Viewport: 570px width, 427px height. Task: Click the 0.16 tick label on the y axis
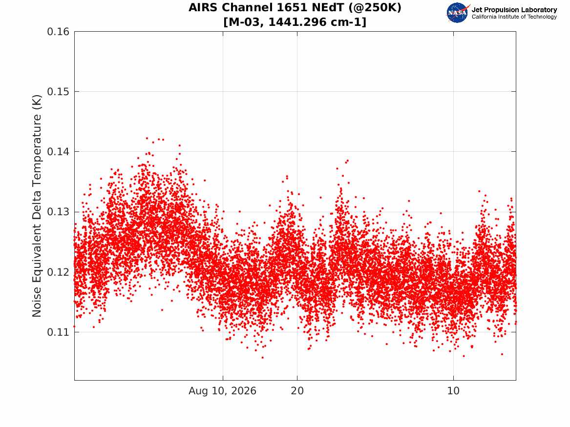(x=58, y=32)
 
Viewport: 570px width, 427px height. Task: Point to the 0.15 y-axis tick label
(x=58, y=92)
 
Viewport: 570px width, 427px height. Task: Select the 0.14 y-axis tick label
(x=58, y=152)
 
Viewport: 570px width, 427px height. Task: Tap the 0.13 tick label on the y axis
(x=58, y=212)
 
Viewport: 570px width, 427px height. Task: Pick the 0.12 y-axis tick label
(x=58, y=272)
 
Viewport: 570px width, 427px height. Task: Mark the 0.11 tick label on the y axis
(x=58, y=332)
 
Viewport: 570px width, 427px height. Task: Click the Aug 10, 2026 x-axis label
(x=222, y=391)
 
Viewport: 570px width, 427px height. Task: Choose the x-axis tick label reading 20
(x=297, y=391)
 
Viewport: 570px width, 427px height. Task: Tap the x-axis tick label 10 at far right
(x=453, y=391)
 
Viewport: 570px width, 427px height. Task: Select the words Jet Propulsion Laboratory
(x=514, y=10)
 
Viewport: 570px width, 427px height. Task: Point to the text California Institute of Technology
(x=514, y=17)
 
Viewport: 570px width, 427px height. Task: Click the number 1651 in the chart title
(x=291, y=8)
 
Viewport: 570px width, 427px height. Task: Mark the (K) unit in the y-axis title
(x=37, y=102)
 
